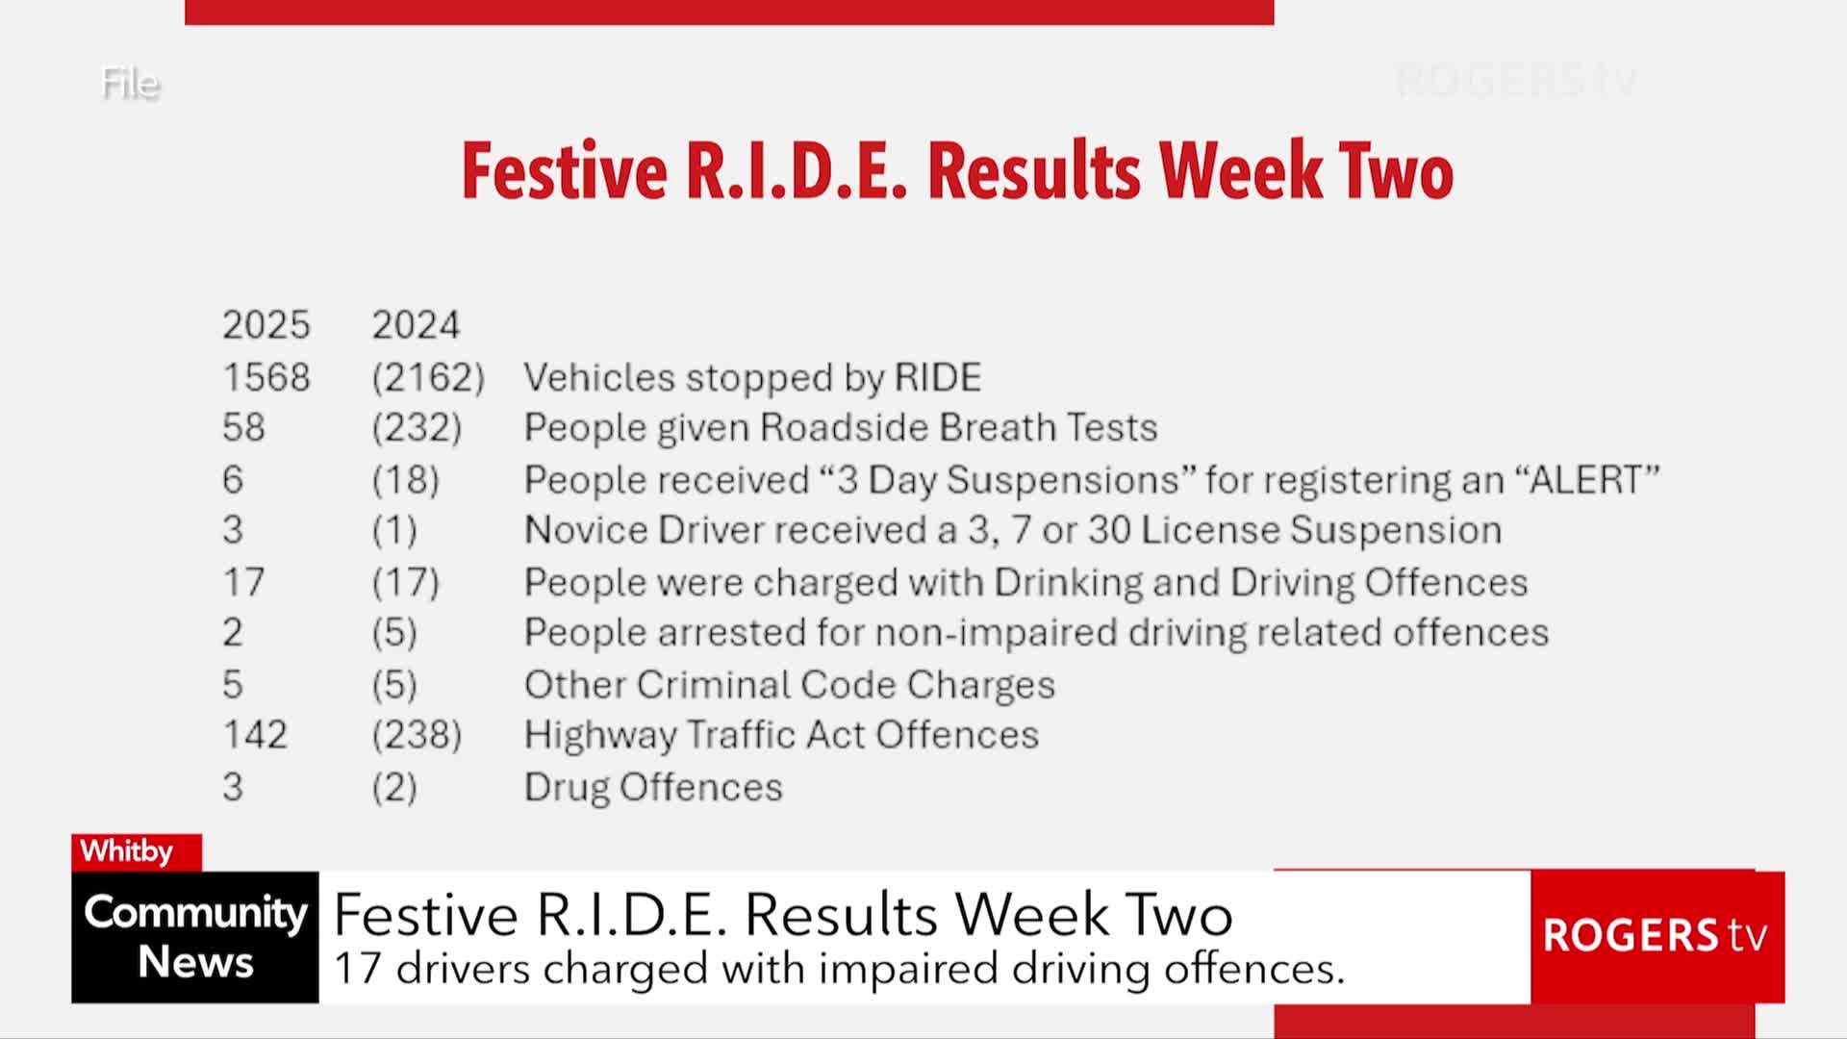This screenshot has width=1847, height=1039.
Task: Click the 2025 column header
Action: tap(266, 325)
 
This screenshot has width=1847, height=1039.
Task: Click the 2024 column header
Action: tap(416, 325)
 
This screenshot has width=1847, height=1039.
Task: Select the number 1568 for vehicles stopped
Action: tap(266, 377)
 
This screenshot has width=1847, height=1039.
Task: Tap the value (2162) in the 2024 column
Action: tap(428, 378)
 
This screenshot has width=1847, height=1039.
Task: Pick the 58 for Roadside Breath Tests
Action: tap(243, 427)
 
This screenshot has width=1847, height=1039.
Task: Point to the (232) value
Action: tap(417, 428)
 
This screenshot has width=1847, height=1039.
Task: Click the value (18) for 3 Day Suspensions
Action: tap(405, 480)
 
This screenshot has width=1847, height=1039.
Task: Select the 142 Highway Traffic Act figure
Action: tap(255, 735)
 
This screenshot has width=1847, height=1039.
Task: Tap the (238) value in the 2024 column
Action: tap(417, 736)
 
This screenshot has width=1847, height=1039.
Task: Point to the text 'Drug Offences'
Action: tap(653, 787)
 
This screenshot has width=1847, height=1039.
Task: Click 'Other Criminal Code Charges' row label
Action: tap(790, 685)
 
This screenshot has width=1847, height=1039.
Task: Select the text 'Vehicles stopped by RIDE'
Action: tap(752, 377)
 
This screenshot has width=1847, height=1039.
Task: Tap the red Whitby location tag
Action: tap(137, 851)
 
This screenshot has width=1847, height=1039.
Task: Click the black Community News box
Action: tap(195, 937)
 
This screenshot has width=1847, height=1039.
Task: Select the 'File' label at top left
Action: tap(130, 83)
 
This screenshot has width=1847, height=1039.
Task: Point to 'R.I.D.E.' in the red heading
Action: tap(797, 171)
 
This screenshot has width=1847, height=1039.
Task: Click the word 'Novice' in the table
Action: tap(586, 530)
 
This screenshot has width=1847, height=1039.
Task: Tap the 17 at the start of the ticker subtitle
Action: tap(358, 968)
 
